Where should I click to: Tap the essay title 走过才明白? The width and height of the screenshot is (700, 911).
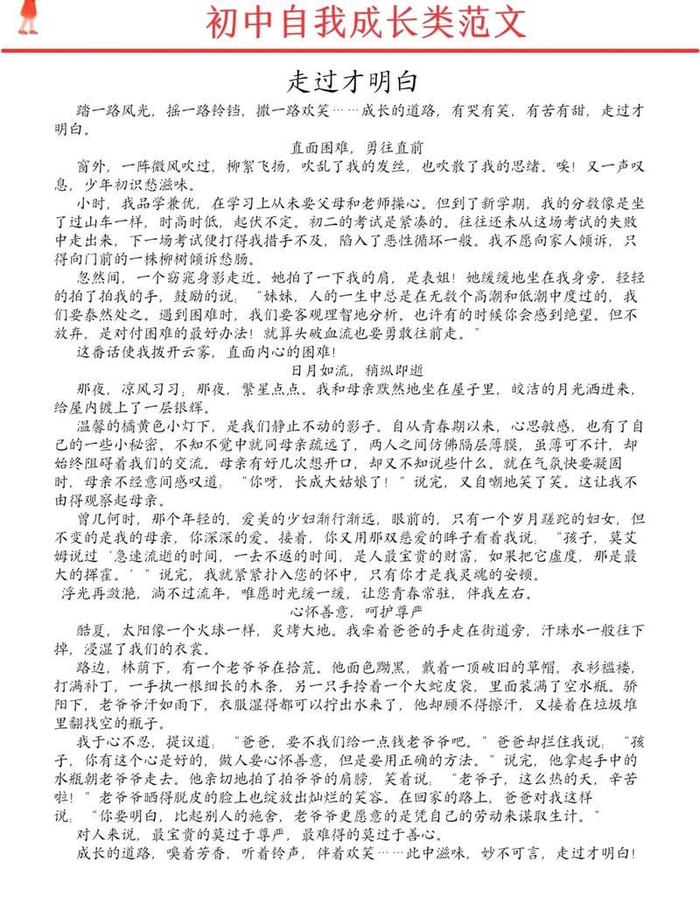(351, 82)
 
